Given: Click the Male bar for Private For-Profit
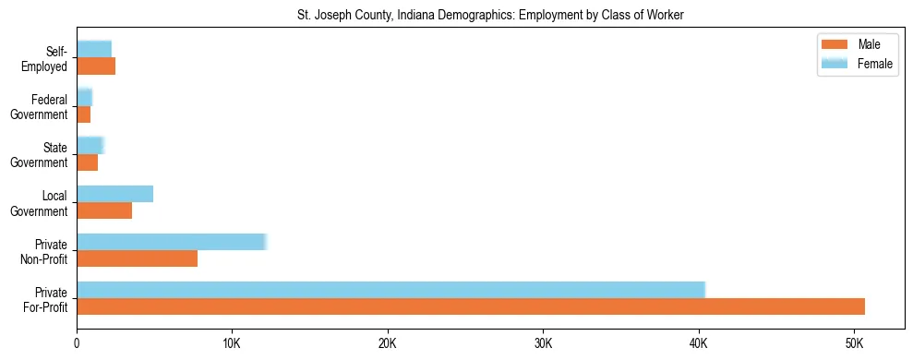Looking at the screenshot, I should (471, 306).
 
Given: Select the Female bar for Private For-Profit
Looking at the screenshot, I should (390, 290).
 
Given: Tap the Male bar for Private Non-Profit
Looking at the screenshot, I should (137, 259).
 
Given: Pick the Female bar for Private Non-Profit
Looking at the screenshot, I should (171, 242).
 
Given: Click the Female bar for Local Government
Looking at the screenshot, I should (114, 194).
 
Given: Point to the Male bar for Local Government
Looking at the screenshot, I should (104, 210).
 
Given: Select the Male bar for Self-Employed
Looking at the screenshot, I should (96, 66).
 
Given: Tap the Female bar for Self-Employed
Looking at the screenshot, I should (94, 49).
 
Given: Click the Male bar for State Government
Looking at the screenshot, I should (87, 162).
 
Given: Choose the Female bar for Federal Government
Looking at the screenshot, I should (84, 98).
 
